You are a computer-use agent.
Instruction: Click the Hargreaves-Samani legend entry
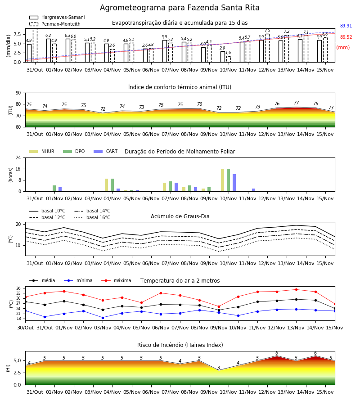[57, 17]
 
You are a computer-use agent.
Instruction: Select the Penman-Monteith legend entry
[55, 24]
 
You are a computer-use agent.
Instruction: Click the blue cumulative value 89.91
[346, 26]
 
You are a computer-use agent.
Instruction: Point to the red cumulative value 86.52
[346, 37]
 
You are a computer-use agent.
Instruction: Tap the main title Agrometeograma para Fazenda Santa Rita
[180, 8]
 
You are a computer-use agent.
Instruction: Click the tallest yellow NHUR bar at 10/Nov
[223, 180]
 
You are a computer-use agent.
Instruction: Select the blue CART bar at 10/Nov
[234, 183]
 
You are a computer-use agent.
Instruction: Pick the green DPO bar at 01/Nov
[54, 188]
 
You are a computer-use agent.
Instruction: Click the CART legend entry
[106, 151]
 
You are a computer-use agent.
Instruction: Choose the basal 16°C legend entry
[92, 217]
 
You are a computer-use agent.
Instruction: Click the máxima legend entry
[116, 280]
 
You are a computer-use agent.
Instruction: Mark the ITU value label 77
[296, 103]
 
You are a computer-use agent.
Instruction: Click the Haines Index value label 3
[219, 368]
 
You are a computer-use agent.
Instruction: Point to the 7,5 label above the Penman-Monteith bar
[267, 31]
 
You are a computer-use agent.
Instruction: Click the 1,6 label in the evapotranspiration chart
[228, 53]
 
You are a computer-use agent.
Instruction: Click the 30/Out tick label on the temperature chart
[25, 328]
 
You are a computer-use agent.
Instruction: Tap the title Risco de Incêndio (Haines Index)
[180, 345]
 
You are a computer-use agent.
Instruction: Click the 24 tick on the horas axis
[18, 157]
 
